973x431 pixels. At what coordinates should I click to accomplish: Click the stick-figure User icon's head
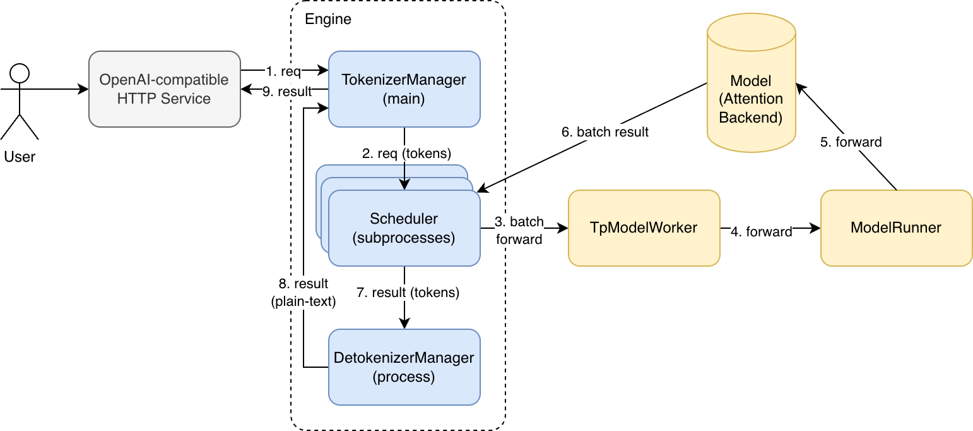[20, 73]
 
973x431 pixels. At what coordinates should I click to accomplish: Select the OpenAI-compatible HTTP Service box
[165, 89]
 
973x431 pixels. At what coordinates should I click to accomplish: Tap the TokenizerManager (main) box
[404, 89]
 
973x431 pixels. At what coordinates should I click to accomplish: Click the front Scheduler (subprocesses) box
[404, 228]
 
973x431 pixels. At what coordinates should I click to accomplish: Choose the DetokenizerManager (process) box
[404, 367]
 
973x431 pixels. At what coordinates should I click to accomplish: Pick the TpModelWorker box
[644, 228]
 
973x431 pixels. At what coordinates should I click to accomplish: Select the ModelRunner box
[896, 228]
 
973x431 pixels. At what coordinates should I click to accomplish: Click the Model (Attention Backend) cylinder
[751, 83]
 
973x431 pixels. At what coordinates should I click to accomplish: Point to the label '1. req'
[283, 71]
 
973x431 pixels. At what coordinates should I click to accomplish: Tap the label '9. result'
[286, 92]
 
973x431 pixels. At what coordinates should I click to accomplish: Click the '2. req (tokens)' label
[406, 154]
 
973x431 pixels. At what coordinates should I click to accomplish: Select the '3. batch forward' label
[519, 231]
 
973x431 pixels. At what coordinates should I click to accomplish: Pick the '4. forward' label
[761, 232]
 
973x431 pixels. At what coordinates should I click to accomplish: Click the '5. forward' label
[851, 142]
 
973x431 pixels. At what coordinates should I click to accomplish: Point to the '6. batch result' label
[604, 132]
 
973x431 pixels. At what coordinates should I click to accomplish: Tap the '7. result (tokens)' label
[408, 292]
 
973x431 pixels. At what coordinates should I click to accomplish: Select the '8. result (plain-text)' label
[303, 292]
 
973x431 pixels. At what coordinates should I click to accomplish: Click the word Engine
[328, 19]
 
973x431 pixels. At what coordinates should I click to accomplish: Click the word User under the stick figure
[20, 157]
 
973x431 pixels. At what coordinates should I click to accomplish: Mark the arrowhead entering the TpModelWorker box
[563, 228]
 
